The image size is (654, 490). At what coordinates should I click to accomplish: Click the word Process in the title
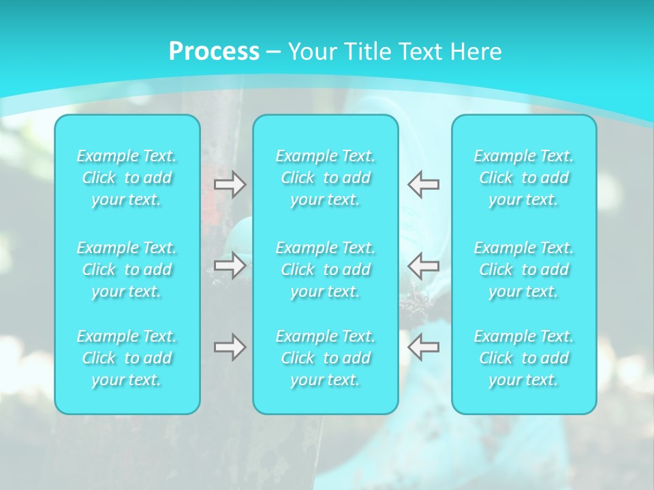[x=214, y=52]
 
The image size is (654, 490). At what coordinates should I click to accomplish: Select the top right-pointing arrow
[x=230, y=184]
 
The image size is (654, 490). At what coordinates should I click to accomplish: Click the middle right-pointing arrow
[x=230, y=265]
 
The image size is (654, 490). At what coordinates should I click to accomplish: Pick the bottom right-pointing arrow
[x=230, y=347]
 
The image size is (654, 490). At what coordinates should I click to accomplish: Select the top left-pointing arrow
[x=423, y=184]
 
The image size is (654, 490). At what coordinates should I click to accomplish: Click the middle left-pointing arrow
[x=423, y=265]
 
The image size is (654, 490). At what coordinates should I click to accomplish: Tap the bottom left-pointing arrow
[x=423, y=347]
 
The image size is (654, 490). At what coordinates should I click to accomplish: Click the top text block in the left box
[x=127, y=178]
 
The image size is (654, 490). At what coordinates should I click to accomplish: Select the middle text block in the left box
[x=127, y=269]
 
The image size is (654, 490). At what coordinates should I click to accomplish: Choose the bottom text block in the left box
[x=127, y=358]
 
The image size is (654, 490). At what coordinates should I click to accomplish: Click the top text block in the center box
[x=326, y=178]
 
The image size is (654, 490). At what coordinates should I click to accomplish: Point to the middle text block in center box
[x=326, y=269]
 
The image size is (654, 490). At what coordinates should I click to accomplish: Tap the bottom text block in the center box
[x=326, y=358]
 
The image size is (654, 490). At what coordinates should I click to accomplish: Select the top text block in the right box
[x=524, y=178]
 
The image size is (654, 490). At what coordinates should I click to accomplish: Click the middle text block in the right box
[x=524, y=269]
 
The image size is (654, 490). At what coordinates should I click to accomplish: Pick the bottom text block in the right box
[x=524, y=358]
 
